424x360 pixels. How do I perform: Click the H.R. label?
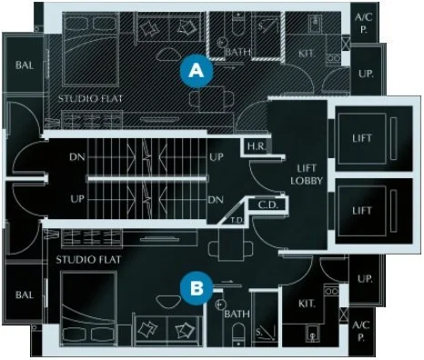tap(255, 145)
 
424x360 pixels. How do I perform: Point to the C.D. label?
tap(268, 205)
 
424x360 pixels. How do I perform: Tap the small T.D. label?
tap(236, 219)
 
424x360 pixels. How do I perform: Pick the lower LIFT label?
tap(362, 210)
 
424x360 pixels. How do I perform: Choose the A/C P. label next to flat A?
tap(362, 22)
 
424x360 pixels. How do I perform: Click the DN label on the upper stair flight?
tap(76, 155)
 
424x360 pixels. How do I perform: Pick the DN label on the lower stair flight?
tap(216, 199)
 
